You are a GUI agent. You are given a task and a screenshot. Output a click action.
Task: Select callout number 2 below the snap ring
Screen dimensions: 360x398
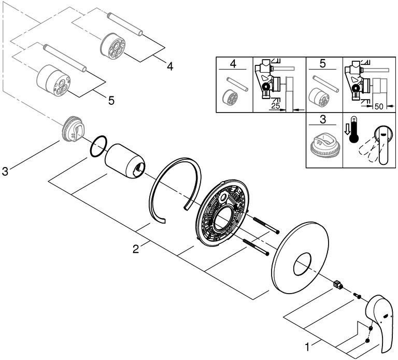(135, 250)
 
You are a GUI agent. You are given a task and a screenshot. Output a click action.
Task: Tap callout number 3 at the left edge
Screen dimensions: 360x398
(5, 171)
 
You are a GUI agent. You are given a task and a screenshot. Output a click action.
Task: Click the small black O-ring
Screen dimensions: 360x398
(98, 146)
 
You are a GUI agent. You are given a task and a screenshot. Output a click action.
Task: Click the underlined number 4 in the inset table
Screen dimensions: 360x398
(234, 64)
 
